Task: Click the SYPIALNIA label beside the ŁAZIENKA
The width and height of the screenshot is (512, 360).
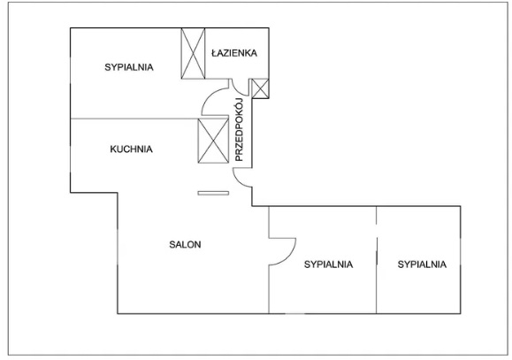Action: tap(129, 67)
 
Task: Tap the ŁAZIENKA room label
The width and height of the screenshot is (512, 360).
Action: tap(234, 53)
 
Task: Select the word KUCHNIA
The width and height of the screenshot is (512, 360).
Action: tap(131, 149)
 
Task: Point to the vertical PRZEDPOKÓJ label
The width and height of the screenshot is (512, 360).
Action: tap(240, 129)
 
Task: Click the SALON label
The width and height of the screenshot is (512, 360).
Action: tap(185, 245)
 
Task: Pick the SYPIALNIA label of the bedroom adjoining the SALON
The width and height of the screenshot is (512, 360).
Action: tap(328, 264)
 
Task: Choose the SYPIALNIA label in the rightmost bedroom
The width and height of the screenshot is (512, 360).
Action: tap(422, 264)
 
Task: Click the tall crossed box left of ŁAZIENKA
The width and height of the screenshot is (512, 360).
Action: tap(193, 54)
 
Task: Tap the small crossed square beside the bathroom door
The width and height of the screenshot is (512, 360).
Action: tap(260, 88)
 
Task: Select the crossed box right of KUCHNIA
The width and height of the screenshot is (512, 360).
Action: tap(213, 141)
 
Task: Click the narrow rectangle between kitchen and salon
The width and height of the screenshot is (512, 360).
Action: tap(213, 194)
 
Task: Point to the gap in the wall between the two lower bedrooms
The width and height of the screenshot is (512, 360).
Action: tap(377, 231)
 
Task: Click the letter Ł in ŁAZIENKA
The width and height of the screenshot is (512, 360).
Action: tap(215, 53)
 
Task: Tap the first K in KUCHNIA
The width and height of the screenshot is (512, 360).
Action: tap(113, 149)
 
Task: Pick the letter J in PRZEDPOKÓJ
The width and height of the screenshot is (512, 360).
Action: tap(240, 100)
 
